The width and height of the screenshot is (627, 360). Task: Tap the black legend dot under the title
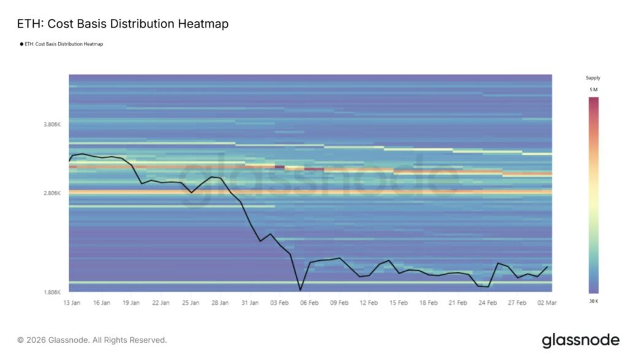[21, 44]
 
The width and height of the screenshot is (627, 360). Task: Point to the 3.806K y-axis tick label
[52, 124]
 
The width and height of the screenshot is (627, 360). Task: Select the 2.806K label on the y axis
[52, 193]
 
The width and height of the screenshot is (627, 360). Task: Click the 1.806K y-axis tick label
[52, 292]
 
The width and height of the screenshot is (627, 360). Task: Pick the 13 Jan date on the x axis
[72, 302]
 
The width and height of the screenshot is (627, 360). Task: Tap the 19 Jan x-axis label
[131, 302]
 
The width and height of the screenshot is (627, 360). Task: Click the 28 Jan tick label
[220, 302]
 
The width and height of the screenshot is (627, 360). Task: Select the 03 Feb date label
[280, 302]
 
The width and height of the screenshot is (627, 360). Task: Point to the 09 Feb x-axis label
[339, 302]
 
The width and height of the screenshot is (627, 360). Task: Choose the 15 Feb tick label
[399, 302]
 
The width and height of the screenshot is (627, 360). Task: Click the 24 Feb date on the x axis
[488, 302]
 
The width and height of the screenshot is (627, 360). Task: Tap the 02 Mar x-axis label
[547, 302]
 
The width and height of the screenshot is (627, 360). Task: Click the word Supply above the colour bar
[593, 78]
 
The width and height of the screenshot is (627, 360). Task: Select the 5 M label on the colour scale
[593, 90]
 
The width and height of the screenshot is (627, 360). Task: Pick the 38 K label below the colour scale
[593, 301]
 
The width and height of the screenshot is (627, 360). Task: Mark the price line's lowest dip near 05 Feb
[300, 290]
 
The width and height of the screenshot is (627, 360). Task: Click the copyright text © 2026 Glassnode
[92, 340]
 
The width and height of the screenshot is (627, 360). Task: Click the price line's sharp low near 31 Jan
[260, 241]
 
